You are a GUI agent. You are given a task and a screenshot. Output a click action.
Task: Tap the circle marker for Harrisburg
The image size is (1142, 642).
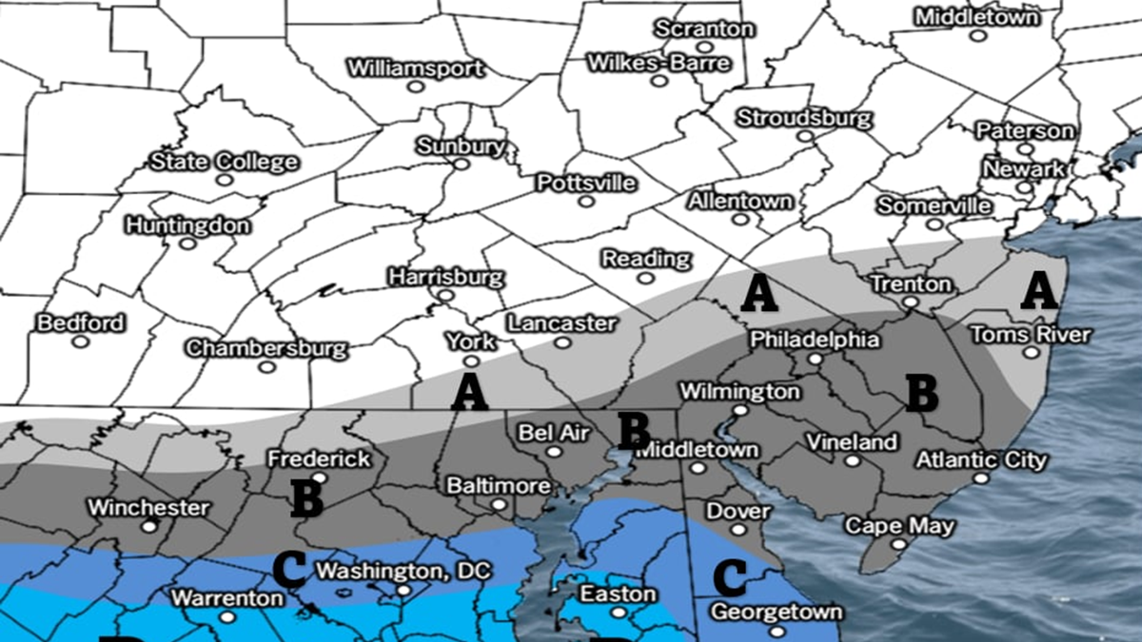pos(444,296)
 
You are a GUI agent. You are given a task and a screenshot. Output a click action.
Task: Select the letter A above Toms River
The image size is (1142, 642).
pos(1038,290)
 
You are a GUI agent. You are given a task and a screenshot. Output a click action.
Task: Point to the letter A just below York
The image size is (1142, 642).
pos(469,392)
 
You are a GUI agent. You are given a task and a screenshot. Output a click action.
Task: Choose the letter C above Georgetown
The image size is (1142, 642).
pos(729,575)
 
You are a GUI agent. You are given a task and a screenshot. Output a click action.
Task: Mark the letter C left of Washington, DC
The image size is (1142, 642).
pos(289,569)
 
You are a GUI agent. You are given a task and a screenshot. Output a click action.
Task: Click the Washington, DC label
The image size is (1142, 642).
pos(403,572)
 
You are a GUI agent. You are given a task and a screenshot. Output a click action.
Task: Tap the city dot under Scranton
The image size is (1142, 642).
pos(704,46)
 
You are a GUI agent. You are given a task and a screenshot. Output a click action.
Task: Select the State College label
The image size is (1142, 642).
pos(224,162)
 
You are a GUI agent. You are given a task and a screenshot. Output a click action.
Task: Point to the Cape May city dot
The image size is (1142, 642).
pos(896,545)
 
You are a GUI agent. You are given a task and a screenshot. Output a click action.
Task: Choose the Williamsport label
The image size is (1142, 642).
pos(415,68)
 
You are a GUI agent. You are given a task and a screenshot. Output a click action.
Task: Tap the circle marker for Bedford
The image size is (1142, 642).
pos(81,340)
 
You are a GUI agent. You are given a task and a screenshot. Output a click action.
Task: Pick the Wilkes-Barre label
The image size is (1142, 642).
pos(659,64)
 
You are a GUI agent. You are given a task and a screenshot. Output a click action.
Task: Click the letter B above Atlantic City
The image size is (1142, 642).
pos(920,394)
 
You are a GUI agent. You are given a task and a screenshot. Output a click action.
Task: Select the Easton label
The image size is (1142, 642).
pos(619,594)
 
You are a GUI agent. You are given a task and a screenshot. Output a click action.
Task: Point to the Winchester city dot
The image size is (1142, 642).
pos(148,526)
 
